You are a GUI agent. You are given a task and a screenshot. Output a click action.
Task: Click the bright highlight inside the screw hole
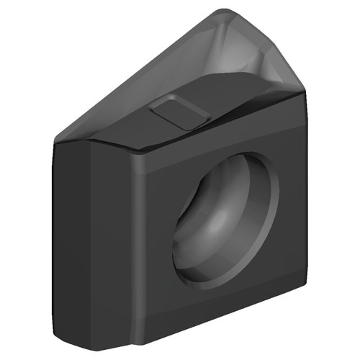(216, 238)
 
